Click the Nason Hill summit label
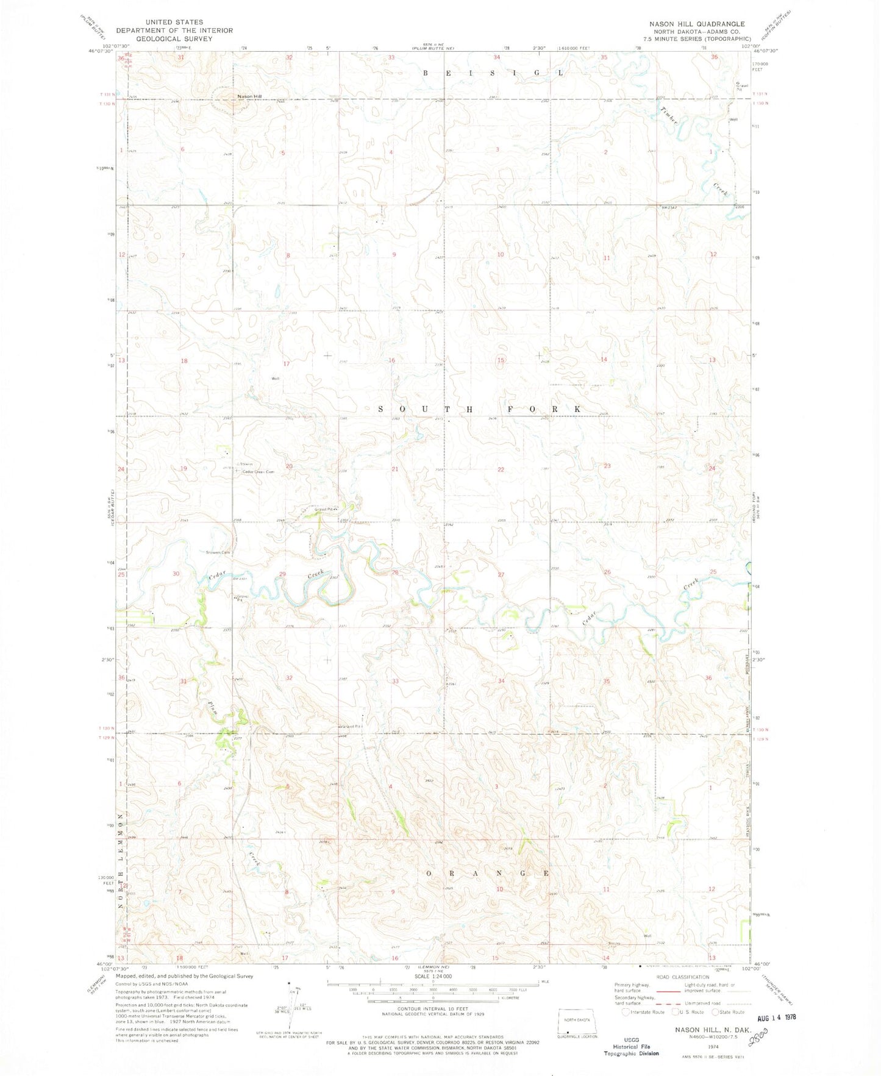pos(249,96)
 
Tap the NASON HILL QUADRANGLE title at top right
pos(696,24)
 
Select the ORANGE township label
pos(487,873)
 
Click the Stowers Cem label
pos(218,553)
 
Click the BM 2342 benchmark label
pos(669,208)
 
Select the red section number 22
pos(501,469)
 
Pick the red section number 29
pos(282,574)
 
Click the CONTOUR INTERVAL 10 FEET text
pos(432,1010)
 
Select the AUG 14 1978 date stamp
pos(774,1017)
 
